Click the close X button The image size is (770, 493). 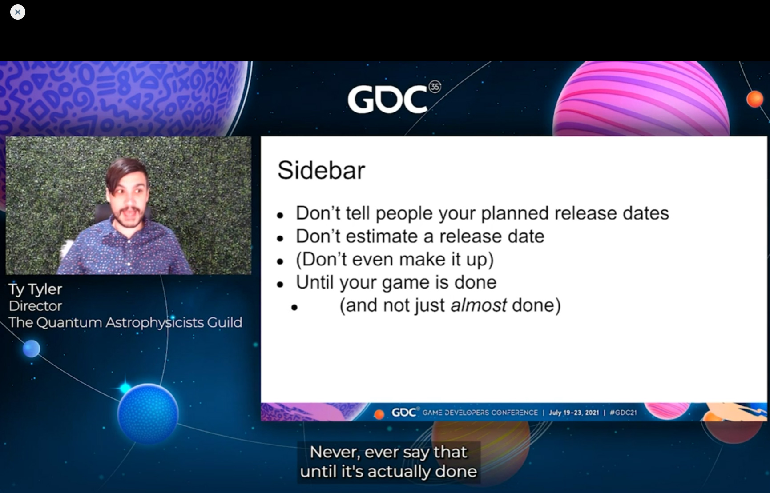click(x=18, y=12)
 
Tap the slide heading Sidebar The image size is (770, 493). click(x=321, y=170)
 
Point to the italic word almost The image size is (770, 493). click(x=478, y=305)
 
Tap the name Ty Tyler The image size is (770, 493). click(x=35, y=289)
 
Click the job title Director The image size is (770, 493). click(x=35, y=306)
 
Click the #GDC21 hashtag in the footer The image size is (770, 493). click(x=623, y=413)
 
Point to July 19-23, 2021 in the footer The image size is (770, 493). click(x=574, y=413)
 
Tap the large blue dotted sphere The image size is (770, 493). click(x=148, y=413)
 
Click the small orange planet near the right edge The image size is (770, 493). click(x=755, y=99)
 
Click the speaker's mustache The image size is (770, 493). click(x=129, y=210)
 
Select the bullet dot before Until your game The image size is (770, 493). click(x=280, y=284)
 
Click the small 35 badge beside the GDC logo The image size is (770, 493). click(x=435, y=87)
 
